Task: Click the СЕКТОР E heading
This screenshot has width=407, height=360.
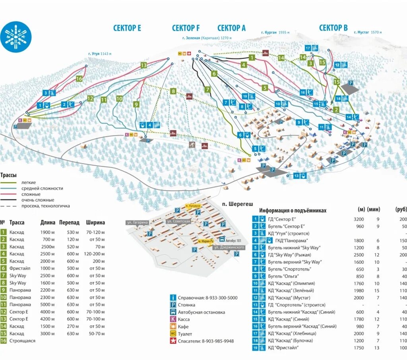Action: click(x=127, y=28)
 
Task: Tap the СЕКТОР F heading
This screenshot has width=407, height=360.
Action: click(x=186, y=28)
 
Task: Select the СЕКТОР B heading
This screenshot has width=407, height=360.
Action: click(x=333, y=27)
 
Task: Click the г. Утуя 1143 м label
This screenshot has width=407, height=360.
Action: click(x=100, y=54)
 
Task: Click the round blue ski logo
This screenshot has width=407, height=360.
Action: click(x=16, y=36)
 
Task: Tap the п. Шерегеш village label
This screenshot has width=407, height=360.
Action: click(x=237, y=203)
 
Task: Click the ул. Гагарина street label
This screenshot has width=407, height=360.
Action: click(x=137, y=223)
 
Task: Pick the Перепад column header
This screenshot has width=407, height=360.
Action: click(x=69, y=223)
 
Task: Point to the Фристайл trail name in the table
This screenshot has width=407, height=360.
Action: click(x=19, y=268)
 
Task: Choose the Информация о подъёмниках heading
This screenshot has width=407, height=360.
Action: click(x=293, y=211)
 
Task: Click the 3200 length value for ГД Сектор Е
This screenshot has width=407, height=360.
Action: click(x=359, y=219)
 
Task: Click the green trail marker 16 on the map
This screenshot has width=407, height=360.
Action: click(x=79, y=79)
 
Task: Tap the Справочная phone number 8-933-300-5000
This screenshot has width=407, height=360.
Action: click(x=221, y=298)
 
